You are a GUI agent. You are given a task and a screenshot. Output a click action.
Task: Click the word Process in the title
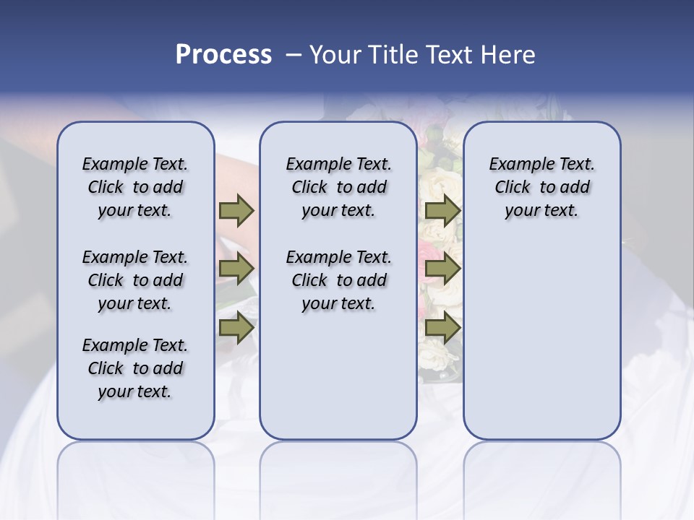click(223, 55)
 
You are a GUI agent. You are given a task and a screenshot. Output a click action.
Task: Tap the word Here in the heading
click(508, 55)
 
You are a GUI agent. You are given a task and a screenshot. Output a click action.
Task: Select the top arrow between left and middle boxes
click(236, 210)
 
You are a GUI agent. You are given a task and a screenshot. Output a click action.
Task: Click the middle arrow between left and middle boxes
click(236, 269)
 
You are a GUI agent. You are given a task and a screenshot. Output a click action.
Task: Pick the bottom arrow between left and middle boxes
click(236, 327)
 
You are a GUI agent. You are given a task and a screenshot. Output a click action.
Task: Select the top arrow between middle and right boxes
click(442, 210)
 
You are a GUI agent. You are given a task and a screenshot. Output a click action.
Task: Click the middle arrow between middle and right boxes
click(442, 269)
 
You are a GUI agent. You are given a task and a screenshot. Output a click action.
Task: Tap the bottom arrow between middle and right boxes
click(442, 327)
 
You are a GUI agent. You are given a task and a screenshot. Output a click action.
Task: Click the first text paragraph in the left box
click(135, 187)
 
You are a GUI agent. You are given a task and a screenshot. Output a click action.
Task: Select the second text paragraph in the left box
click(135, 280)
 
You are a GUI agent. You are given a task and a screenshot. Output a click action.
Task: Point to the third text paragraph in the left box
click(135, 368)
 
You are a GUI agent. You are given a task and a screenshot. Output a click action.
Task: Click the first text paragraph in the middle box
click(338, 187)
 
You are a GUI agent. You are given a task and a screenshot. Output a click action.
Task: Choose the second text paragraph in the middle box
click(338, 280)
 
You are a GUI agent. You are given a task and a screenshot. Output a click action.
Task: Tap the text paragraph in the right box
click(541, 187)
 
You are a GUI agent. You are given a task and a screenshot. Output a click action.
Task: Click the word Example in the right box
click(515, 164)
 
